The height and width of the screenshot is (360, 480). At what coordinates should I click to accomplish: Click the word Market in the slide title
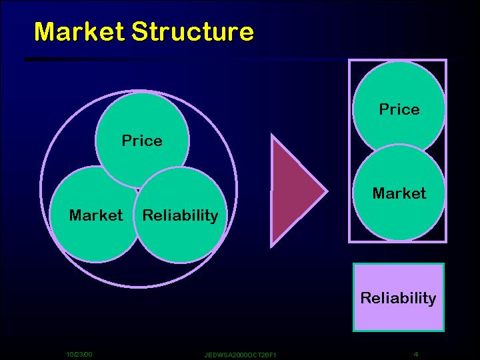click(x=79, y=31)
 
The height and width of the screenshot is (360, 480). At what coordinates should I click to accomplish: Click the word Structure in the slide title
click(x=193, y=31)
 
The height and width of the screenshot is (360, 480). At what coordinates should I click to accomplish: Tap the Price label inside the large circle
click(x=142, y=141)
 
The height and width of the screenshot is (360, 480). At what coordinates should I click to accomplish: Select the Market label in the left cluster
click(x=96, y=215)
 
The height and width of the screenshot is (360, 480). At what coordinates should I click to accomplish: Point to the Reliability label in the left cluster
click(x=180, y=216)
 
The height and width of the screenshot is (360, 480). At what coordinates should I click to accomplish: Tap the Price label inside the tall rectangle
click(x=399, y=109)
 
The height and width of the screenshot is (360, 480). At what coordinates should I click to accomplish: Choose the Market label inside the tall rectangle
click(x=399, y=193)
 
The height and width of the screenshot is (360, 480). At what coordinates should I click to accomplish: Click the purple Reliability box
click(x=399, y=297)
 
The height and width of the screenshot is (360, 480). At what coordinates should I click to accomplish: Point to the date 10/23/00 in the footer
click(x=79, y=355)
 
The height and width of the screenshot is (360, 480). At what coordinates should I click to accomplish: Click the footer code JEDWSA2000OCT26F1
click(x=240, y=355)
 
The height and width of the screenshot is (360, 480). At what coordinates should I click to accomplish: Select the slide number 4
click(x=416, y=354)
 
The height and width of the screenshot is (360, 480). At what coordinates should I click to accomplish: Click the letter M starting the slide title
click(x=45, y=31)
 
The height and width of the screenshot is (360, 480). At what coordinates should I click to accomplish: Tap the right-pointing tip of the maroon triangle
click(x=328, y=191)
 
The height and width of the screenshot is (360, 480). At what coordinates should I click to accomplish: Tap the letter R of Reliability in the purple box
click(x=367, y=297)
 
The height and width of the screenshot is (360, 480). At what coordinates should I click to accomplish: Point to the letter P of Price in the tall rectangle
click(x=384, y=109)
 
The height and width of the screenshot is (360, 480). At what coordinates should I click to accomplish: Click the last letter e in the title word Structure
click(x=246, y=34)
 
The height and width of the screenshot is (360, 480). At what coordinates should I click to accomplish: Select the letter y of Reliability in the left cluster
click(x=214, y=217)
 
